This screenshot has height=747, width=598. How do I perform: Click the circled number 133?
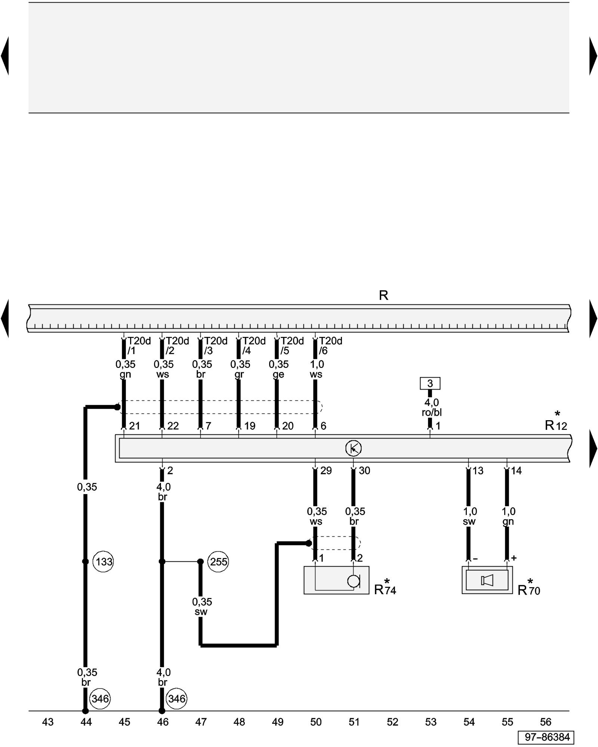tap(103, 562)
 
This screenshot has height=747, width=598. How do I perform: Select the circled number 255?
tap(218, 562)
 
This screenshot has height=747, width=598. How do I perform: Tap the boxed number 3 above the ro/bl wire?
tap(430, 383)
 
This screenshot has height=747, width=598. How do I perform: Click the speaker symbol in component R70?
tap(487, 580)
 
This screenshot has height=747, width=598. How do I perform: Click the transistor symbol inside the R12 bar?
tap(353, 448)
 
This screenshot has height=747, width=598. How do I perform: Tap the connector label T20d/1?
tap(138, 345)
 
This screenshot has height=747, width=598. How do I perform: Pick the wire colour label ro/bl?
tap(431, 412)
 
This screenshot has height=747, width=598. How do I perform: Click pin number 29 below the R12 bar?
tap(326, 471)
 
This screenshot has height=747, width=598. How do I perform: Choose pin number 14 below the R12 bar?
tap(516, 471)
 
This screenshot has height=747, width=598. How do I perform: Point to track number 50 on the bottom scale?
tap(316, 722)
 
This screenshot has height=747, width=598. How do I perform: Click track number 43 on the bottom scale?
tap(48, 722)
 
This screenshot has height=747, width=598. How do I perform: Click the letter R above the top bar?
tap(383, 295)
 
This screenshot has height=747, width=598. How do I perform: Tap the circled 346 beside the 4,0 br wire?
tap(176, 698)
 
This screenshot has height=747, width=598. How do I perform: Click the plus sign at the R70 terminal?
tap(514, 558)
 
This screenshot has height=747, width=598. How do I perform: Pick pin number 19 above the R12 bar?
tap(250, 426)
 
